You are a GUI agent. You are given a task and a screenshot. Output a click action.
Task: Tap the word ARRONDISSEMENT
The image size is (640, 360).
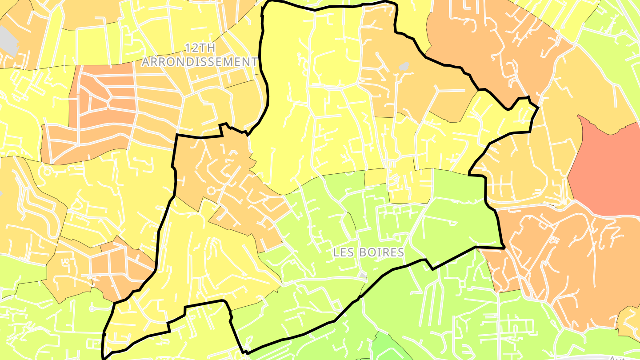[200, 62]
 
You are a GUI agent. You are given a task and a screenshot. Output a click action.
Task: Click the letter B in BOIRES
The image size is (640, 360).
[364, 252]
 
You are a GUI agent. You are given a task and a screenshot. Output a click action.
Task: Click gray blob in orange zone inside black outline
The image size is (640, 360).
[404, 67]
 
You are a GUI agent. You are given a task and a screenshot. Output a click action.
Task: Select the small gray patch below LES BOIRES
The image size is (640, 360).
[363, 276]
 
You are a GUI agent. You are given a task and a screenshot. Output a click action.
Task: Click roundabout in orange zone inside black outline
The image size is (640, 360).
[211, 191]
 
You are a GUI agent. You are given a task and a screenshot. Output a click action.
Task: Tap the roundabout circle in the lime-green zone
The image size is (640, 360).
[92, 308]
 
